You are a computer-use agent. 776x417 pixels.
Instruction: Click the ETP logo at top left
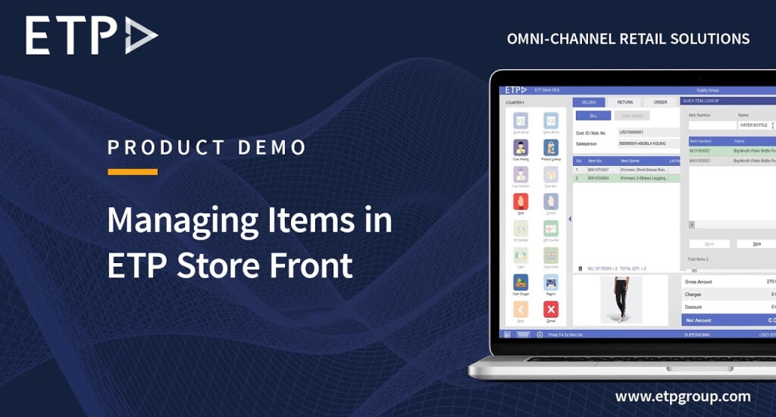click(x=92, y=36)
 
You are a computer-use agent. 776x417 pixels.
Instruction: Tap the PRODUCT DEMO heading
click(x=207, y=147)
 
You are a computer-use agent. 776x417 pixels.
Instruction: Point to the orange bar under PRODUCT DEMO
click(x=133, y=172)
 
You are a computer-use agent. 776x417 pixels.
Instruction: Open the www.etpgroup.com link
click(x=683, y=396)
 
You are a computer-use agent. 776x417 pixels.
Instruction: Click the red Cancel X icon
click(x=551, y=309)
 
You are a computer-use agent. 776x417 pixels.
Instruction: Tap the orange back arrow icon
click(x=520, y=309)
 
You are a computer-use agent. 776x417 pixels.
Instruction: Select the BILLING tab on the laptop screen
click(x=589, y=102)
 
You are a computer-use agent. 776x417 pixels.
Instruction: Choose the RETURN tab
click(x=624, y=102)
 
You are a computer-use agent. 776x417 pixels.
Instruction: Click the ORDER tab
click(x=660, y=102)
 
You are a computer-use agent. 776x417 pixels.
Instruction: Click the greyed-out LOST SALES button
click(x=632, y=116)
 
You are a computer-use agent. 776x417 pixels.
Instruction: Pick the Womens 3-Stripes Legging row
click(x=626, y=178)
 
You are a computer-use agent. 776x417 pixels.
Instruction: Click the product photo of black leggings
click(x=620, y=299)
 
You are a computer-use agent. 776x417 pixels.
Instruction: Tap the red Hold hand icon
click(x=520, y=201)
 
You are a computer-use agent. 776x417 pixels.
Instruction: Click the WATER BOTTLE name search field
click(x=755, y=125)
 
